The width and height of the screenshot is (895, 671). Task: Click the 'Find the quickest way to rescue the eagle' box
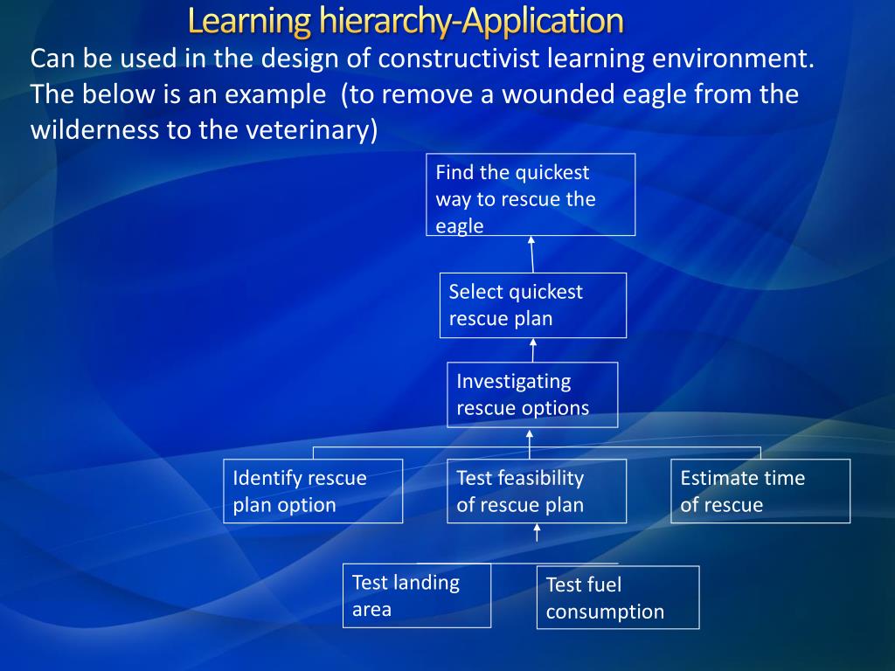click(x=531, y=195)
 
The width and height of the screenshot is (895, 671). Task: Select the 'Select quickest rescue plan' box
click(x=532, y=305)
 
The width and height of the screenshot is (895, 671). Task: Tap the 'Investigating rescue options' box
click(x=531, y=394)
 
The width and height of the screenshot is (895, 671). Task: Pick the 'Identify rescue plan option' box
click(x=313, y=491)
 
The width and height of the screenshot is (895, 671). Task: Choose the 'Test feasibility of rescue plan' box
click(x=536, y=491)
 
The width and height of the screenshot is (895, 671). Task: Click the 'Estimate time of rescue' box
click(x=760, y=491)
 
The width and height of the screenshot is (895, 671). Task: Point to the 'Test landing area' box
click(x=416, y=595)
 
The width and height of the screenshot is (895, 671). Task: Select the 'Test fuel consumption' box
click(x=617, y=598)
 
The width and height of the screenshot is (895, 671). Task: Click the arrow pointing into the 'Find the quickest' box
click(x=531, y=253)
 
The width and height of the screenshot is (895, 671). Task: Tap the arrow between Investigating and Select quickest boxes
click(x=533, y=349)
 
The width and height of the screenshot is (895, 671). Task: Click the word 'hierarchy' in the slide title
click(x=385, y=20)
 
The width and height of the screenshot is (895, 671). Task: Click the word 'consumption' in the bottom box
click(x=605, y=612)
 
